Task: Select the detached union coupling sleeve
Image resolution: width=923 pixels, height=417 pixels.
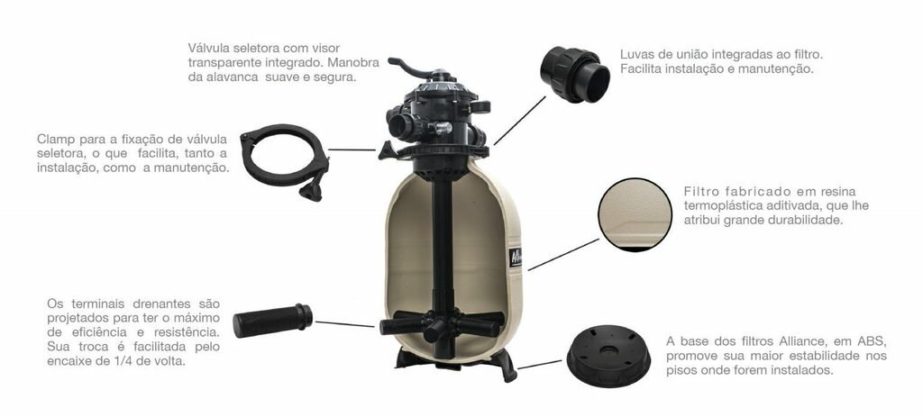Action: [575, 75]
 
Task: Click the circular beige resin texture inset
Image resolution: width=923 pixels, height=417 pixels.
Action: [635, 214]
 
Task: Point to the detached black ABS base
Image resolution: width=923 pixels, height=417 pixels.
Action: [608, 355]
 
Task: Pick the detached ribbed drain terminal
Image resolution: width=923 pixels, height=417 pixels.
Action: [272, 321]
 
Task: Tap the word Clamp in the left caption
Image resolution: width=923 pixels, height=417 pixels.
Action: [56, 140]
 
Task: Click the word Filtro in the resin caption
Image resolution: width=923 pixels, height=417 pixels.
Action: [700, 193]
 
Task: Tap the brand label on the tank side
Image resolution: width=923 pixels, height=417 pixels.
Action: [515, 257]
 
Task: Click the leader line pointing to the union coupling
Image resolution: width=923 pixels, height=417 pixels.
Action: [520, 121]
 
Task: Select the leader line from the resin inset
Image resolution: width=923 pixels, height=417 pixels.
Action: [564, 255]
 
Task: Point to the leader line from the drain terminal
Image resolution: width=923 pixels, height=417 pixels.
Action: [345, 324]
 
